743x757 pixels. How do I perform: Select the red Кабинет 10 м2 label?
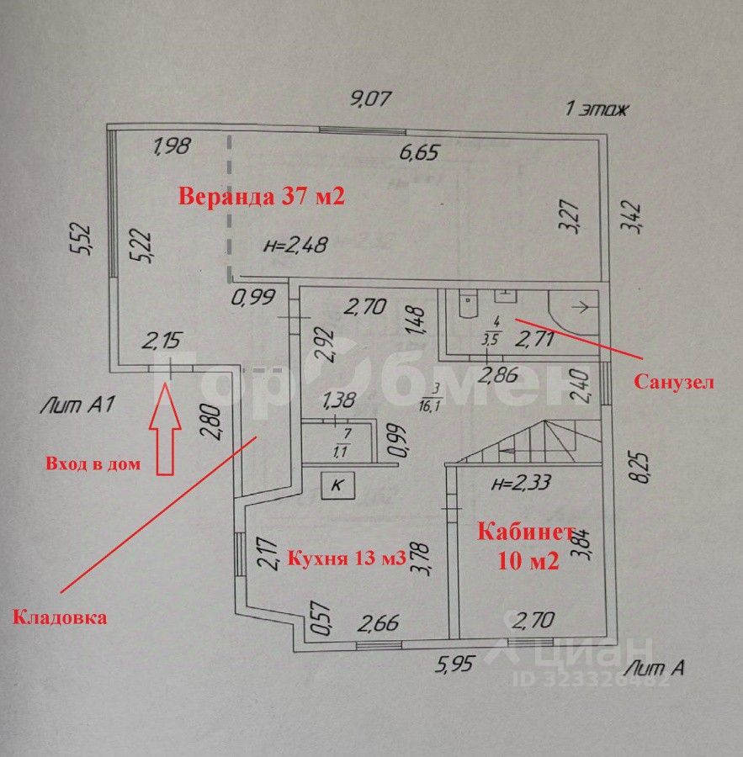point(528,547)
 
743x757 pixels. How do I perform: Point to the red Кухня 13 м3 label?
point(348,557)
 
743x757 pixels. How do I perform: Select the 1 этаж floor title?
point(597,109)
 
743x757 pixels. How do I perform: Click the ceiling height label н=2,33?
point(520,483)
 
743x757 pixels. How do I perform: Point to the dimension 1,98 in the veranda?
point(172,146)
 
